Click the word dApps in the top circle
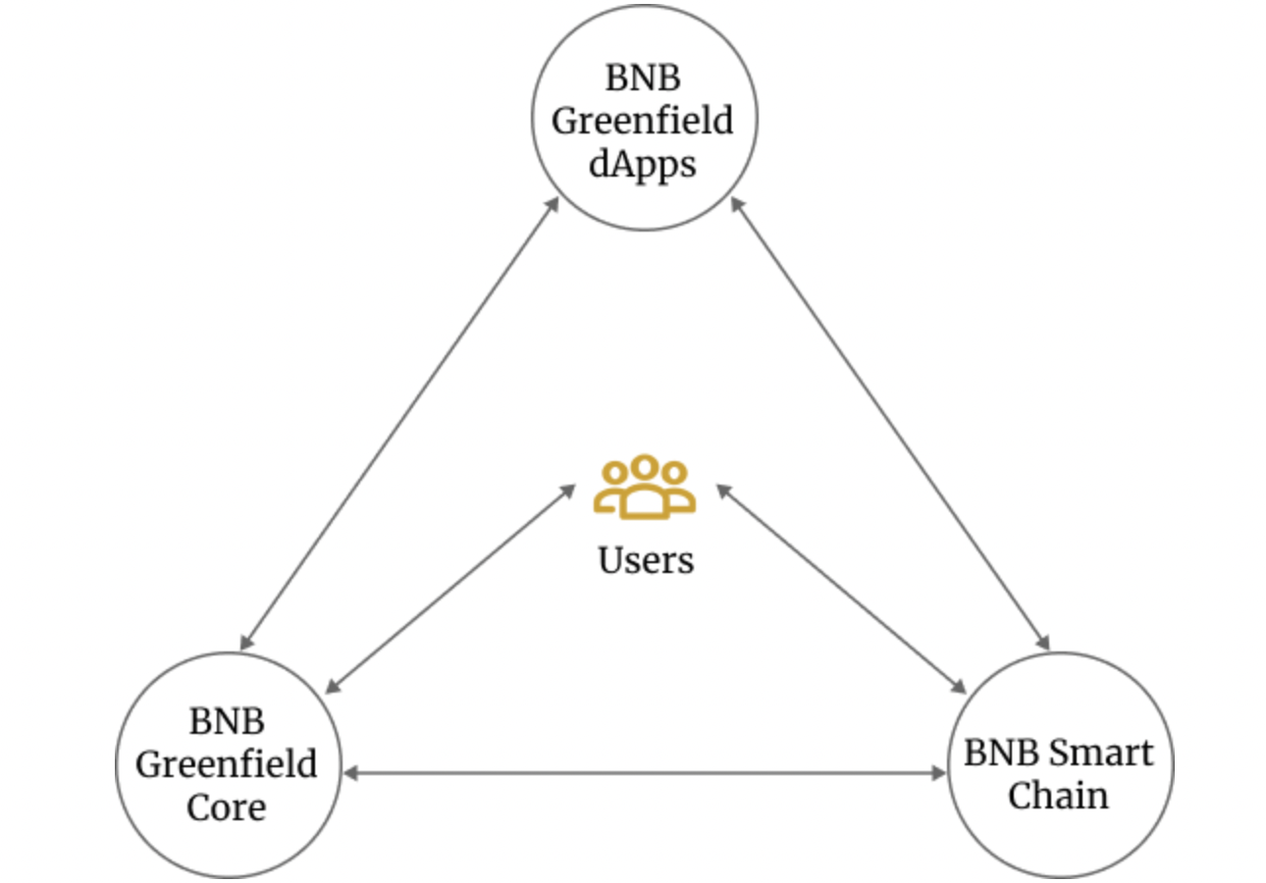643,164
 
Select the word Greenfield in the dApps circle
643,122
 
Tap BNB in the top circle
643,78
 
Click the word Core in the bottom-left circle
226,806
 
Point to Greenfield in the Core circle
226,763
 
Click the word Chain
1058,796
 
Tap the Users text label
645,560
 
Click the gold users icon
644,486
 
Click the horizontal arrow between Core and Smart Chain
644,774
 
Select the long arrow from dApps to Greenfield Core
399,423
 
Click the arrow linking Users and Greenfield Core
451,588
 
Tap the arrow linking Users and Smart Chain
840,588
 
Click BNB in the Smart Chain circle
999,753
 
